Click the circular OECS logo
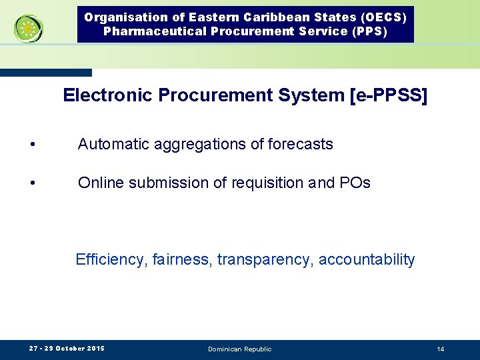click(x=29, y=29)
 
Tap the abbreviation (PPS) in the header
click(x=367, y=31)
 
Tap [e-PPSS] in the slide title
click(x=389, y=95)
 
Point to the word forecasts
click(x=300, y=144)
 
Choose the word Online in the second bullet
click(x=99, y=183)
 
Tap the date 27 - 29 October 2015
click(x=67, y=349)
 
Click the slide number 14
click(x=441, y=349)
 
